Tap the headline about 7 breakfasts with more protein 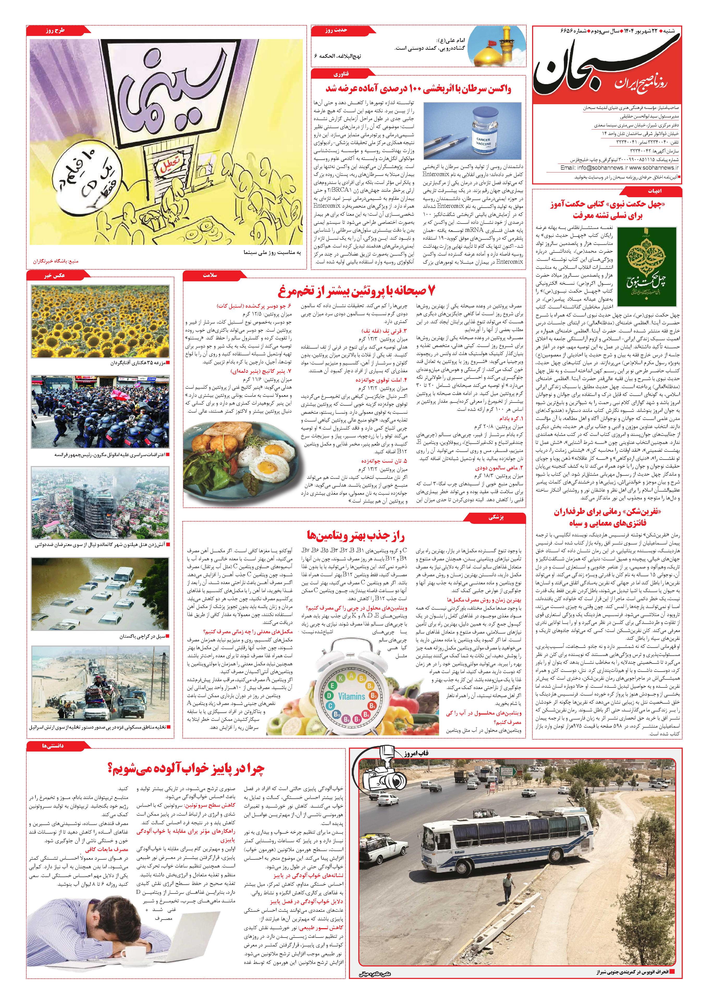click(x=358, y=291)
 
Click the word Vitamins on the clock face click(x=352, y=696)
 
